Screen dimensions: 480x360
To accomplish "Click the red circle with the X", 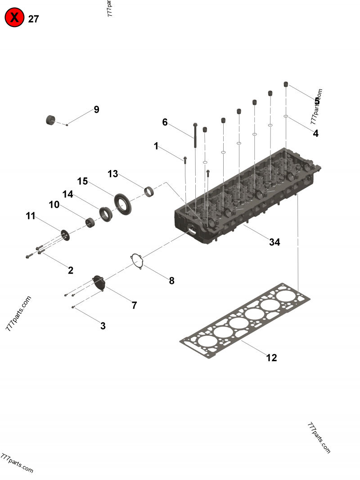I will click(14, 18).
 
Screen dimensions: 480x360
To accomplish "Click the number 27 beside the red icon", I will click(34, 19).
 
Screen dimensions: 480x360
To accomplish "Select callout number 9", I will click(96, 110).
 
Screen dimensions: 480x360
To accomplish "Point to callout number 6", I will click(165, 122).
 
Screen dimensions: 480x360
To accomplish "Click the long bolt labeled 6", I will click(195, 135).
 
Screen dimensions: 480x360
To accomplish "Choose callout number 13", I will click(112, 174).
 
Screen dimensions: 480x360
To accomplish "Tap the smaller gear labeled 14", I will click(105, 212).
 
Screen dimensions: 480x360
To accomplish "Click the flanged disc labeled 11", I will click(65, 234).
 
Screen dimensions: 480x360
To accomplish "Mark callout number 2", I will click(71, 270).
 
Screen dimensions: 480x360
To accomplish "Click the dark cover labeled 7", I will click(99, 283).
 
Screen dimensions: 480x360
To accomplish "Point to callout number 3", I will click(103, 326).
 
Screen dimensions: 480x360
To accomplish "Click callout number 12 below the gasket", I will click(271, 358).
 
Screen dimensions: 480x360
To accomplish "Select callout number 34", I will click(274, 242).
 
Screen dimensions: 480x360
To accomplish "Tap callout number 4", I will click(315, 133).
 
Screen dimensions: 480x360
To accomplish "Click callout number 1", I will click(156, 146).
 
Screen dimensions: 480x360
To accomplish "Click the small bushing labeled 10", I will click(90, 222).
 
